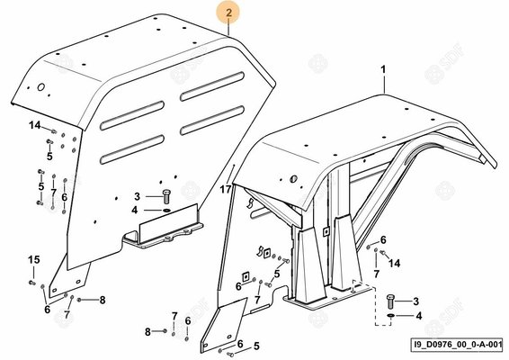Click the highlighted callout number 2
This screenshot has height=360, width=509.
tap(229, 13)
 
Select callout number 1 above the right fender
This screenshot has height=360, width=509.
tap(383, 69)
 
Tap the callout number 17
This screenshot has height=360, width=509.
tap(226, 189)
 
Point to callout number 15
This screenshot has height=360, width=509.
tap(34, 259)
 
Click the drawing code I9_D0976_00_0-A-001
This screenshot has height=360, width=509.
tap(456, 345)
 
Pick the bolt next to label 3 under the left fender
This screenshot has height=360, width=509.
tap(166, 196)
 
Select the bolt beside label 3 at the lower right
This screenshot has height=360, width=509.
tap(390, 301)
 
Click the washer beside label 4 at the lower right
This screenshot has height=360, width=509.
tap(390, 316)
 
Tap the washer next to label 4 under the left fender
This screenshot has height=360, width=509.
tap(167, 211)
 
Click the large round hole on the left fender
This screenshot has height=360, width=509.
tap(40, 87)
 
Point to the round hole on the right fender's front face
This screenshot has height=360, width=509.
tap(293, 179)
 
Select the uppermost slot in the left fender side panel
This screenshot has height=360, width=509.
tap(212, 86)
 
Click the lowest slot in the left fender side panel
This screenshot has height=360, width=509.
tap(132, 149)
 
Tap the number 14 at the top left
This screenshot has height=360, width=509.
tap(35, 125)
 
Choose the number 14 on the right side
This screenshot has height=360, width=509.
tap(395, 263)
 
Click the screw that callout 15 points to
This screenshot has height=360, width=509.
tap(32, 283)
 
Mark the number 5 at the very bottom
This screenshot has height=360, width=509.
tap(256, 346)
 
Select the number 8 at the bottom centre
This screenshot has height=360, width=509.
tap(147, 332)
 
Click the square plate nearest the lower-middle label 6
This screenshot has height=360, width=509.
tap(246, 277)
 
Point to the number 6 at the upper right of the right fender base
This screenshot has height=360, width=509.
tap(383, 239)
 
